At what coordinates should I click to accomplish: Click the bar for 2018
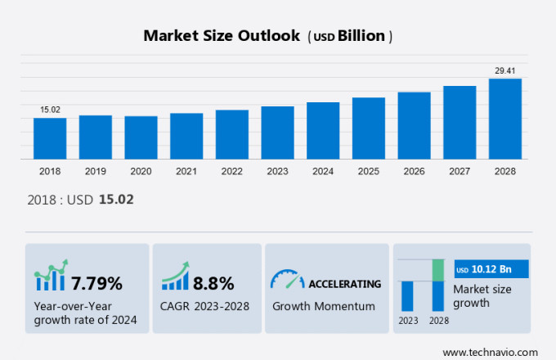tap(50, 138)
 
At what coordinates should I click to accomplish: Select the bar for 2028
tap(505, 119)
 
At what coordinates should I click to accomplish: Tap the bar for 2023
tap(277, 133)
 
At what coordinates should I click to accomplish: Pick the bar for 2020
tap(141, 137)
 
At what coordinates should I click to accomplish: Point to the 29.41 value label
tap(504, 71)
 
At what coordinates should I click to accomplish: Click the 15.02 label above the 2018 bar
tap(50, 110)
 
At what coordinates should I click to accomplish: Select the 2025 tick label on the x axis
tap(368, 171)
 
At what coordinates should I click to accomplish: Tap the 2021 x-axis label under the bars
tap(186, 171)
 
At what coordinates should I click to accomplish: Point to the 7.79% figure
tap(96, 284)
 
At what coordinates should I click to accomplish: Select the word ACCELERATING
tap(344, 284)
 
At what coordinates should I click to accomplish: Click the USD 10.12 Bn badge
tap(491, 269)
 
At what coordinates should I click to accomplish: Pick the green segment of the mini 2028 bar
tap(438, 269)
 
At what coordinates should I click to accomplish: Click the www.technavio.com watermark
tap(489, 351)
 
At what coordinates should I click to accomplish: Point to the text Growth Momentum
tap(323, 306)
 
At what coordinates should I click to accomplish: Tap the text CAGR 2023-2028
tap(205, 306)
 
